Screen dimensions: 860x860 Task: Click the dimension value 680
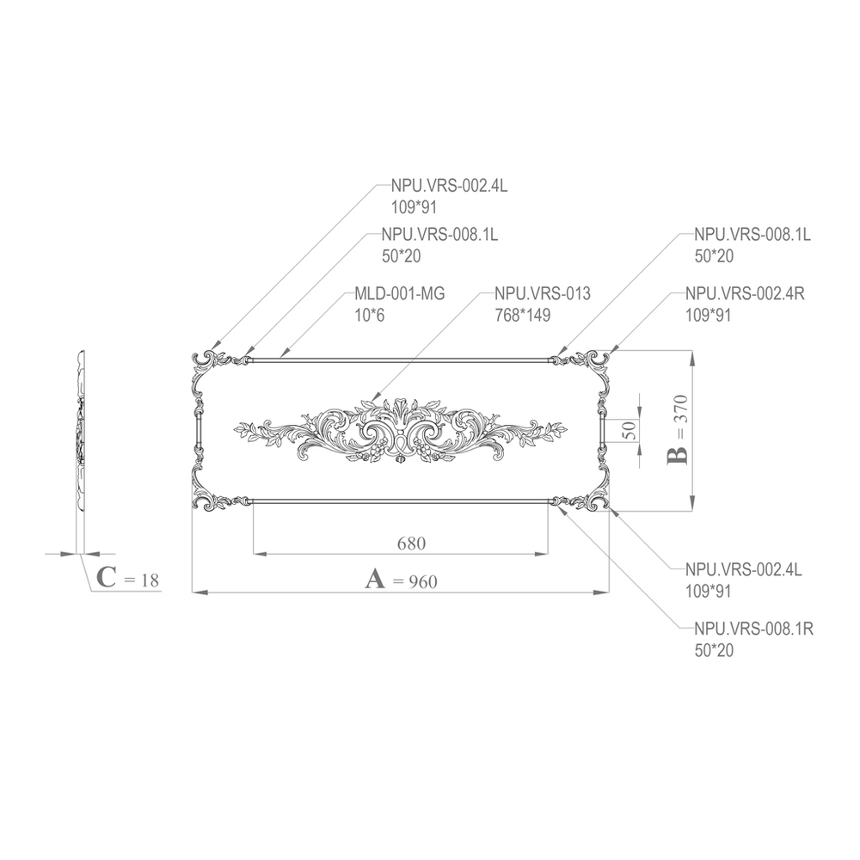[x=411, y=544]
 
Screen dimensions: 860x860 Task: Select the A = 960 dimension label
[x=402, y=580]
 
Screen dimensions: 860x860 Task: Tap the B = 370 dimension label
[x=678, y=429]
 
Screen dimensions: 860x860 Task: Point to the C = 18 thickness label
[x=128, y=578]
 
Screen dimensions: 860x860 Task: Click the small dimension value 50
[x=630, y=429]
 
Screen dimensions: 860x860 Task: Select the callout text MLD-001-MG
[x=399, y=294]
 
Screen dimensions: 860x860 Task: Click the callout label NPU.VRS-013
[x=543, y=294]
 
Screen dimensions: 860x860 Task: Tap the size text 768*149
[x=522, y=316]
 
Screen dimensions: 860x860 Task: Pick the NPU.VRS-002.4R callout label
[x=744, y=294]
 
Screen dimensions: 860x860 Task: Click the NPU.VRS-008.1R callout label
[x=753, y=630]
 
